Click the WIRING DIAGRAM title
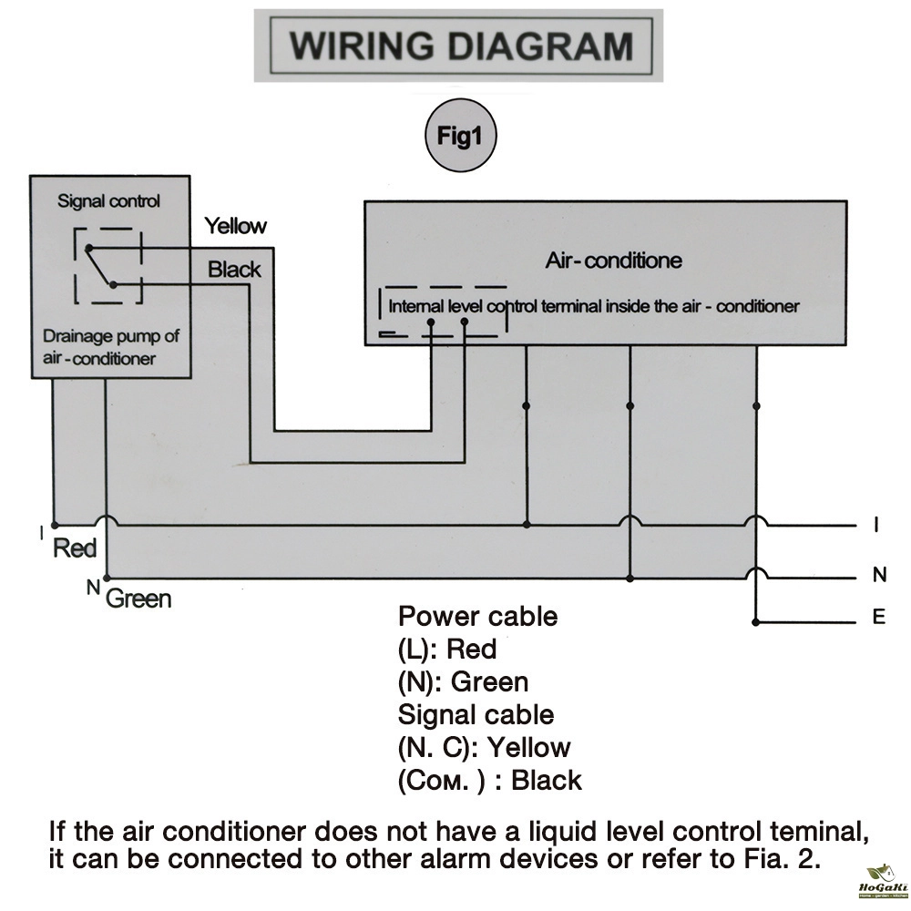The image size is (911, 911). point(461,46)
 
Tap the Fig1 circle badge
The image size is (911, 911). point(460,136)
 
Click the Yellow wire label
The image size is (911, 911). point(235,226)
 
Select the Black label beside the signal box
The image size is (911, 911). point(234,270)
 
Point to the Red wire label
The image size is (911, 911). point(75,548)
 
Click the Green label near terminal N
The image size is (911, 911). point(138,599)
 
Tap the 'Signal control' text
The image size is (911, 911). point(108,201)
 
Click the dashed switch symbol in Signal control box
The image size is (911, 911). point(108,265)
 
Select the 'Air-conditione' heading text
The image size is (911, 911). point(613,261)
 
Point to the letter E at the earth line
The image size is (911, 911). point(879,617)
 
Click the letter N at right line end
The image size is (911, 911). point(879,575)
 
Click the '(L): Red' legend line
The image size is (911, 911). point(447,650)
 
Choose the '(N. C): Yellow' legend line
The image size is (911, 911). point(484,748)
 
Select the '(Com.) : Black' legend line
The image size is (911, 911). point(490,781)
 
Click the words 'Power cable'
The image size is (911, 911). point(477,617)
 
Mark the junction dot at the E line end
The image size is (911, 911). point(755,622)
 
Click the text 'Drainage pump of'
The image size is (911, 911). point(111,336)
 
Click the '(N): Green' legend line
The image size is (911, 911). point(463,682)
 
